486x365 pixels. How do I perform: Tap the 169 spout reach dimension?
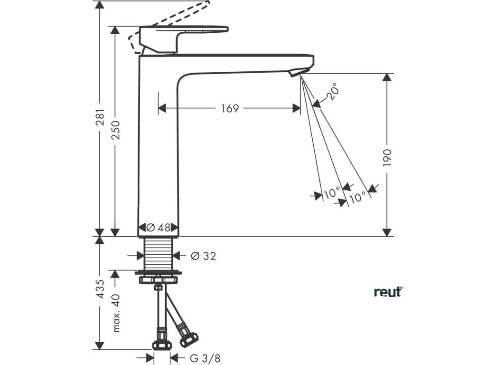click(229, 108)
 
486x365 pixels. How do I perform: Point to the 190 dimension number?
click(387, 157)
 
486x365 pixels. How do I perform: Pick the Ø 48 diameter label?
click(158, 228)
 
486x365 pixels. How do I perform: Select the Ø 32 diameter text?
click(203, 256)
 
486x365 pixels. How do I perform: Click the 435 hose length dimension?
click(99, 289)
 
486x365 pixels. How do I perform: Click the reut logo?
click(388, 291)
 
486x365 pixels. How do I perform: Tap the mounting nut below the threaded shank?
click(158, 277)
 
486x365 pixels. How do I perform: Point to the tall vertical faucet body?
click(158, 152)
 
